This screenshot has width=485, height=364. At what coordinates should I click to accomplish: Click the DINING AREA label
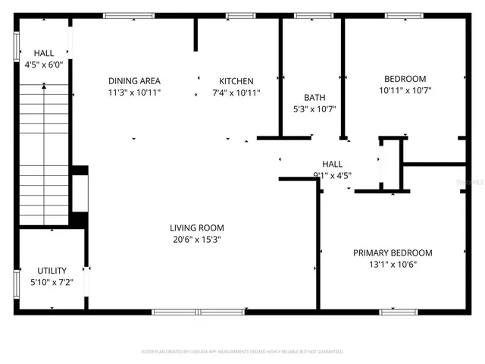click(134, 81)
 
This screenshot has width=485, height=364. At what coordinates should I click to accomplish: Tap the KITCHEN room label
click(236, 81)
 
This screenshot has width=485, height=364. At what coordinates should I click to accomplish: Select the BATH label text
click(314, 97)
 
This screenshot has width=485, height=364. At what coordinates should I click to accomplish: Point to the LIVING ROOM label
click(196, 227)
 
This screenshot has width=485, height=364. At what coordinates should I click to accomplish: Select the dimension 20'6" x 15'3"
click(196, 239)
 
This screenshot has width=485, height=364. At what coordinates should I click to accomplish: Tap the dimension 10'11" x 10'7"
click(405, 90)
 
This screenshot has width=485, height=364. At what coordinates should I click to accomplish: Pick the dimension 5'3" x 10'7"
click(314, 108)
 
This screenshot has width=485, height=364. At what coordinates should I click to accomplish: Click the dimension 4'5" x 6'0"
click(44, 64)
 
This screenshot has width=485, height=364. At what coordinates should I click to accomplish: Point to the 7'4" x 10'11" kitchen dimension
click(236, 93)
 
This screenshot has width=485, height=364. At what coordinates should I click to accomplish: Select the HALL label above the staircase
click(44, 53)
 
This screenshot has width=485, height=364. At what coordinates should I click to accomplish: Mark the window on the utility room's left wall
click(17, 282)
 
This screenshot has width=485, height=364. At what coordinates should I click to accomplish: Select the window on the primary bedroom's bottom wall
click(399, 312)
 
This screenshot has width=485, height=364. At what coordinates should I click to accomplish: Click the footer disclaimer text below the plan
click(242, 352)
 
